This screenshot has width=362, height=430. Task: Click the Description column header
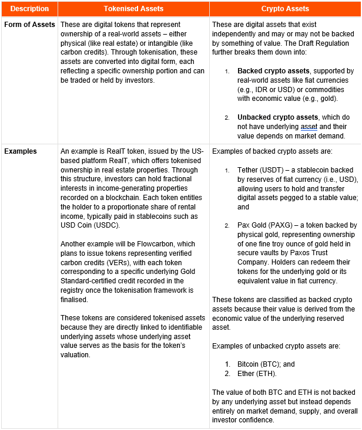(29, 9)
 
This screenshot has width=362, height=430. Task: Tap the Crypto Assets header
(285, 9)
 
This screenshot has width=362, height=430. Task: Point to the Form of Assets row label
(29, 25)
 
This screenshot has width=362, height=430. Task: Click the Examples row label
(21, 151)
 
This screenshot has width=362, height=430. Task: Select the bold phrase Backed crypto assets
(271, 71)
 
